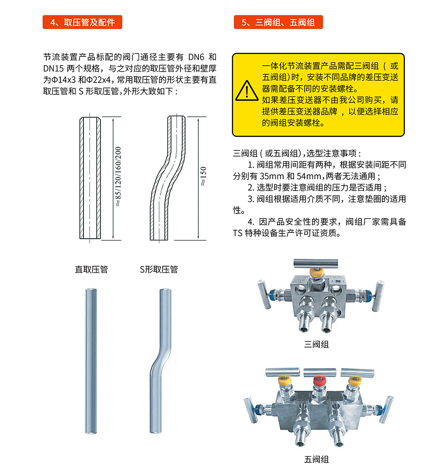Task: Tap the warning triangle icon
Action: [246, 90]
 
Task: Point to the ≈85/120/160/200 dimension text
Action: [118, 177]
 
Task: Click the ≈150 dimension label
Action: [203, 176]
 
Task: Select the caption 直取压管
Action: [91, 269]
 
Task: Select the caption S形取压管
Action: [159, 269]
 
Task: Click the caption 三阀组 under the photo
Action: [316, 344]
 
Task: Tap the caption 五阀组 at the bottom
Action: [316, 459]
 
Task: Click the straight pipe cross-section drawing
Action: [90, 178]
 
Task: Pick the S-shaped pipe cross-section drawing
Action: [168, 178]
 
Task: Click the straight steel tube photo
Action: [91, 361]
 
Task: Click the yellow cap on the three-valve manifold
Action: [316, 272]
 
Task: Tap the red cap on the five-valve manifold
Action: [319, 381]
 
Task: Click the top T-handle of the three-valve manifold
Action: [316, 263]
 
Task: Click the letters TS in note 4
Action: [237, 233]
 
